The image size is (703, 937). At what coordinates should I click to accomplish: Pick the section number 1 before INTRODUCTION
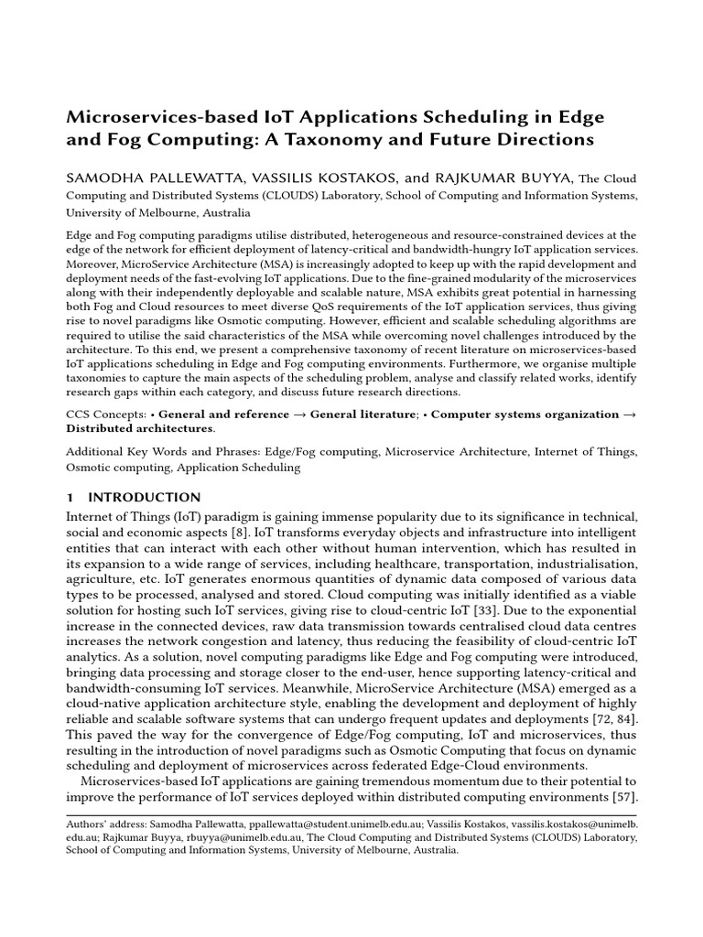[70, 498]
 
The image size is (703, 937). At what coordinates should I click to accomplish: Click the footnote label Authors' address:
[103, 824]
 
